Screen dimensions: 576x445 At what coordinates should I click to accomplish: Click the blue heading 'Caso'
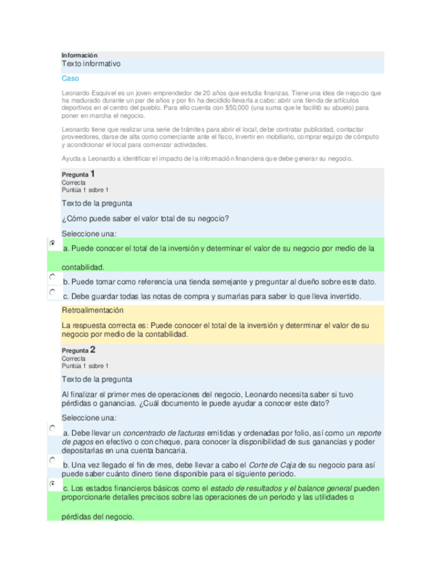tap(71, 78)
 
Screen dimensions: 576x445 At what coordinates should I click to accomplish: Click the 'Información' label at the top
tap(79, 55)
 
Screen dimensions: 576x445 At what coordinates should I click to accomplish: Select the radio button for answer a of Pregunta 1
tap(52, 242)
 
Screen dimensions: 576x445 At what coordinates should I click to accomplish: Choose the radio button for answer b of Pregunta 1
tap(52, 278)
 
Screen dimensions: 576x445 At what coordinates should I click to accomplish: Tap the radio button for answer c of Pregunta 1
tap(52, 291)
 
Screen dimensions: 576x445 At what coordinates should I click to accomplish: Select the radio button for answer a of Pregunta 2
tap(52, 429)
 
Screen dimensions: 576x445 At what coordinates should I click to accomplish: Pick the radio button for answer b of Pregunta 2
tap(52, 460)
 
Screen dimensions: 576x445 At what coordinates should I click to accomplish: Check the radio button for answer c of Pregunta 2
tap(52, 484)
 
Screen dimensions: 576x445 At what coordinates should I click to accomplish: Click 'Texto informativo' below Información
tap(91, 64)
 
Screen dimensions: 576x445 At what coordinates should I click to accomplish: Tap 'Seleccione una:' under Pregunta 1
tap(89, 233)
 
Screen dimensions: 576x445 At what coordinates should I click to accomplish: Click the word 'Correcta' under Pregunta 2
tap(73, 358)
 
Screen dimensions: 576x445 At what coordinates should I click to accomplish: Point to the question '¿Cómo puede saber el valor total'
tap(145, 218)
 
